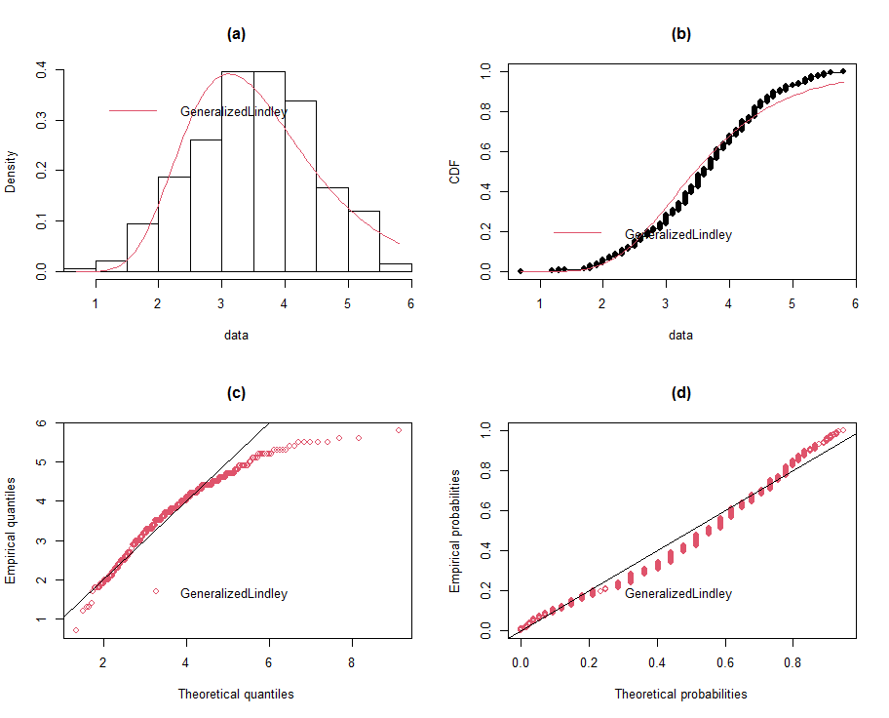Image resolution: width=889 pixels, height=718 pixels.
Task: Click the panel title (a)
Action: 236,33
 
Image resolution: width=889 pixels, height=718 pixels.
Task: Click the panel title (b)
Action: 681,33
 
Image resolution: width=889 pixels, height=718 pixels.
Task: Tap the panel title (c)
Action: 236,393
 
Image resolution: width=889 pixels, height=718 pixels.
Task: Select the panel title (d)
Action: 681,393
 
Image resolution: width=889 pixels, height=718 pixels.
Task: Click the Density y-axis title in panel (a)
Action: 11,171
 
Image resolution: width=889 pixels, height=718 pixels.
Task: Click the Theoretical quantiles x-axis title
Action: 236,695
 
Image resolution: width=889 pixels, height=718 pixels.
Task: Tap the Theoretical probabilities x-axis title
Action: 681,695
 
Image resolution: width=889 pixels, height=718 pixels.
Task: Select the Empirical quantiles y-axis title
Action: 11,531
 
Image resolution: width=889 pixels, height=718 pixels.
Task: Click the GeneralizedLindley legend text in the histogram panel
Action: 234,112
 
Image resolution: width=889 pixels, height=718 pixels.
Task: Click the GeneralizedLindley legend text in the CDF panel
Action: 678,234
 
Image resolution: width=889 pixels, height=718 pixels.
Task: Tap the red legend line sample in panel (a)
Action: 134,111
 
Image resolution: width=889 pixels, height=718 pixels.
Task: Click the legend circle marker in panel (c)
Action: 156,591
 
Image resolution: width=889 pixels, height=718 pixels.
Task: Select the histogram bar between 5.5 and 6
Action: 395,267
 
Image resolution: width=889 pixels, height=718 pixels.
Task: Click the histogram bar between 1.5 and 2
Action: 142,248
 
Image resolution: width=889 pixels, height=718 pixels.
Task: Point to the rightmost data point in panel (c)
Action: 399,429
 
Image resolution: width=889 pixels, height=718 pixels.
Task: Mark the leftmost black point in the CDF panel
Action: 521,271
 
